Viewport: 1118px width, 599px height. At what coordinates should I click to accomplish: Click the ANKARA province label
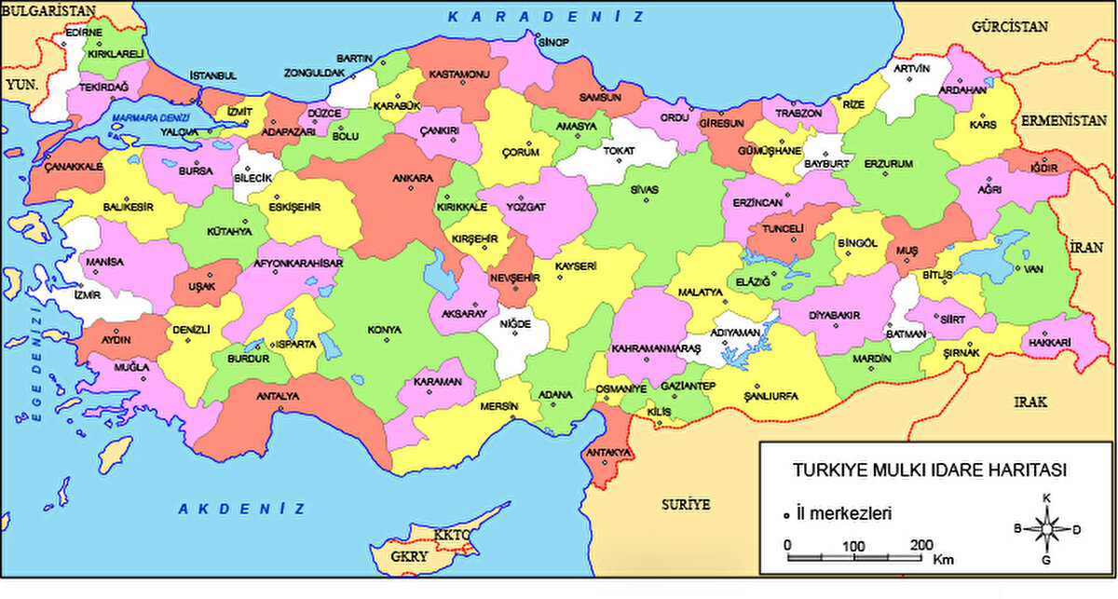(412, 178)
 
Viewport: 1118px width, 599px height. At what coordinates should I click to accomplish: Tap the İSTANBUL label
(213, 75)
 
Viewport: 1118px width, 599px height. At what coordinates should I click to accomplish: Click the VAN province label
(1031, 270)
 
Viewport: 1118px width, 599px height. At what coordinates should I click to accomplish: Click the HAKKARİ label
(1050, 343)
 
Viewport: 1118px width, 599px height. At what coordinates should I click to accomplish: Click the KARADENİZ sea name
(545, 17)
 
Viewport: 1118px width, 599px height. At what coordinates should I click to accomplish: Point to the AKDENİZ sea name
(241, 508)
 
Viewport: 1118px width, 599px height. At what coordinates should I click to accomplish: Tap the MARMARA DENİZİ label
(149, 118)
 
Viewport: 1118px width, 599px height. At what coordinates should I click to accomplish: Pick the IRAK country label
(1031, 402)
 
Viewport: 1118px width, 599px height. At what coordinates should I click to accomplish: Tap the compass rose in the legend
(1046, 529)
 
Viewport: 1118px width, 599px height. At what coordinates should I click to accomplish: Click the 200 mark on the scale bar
(921, 545)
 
